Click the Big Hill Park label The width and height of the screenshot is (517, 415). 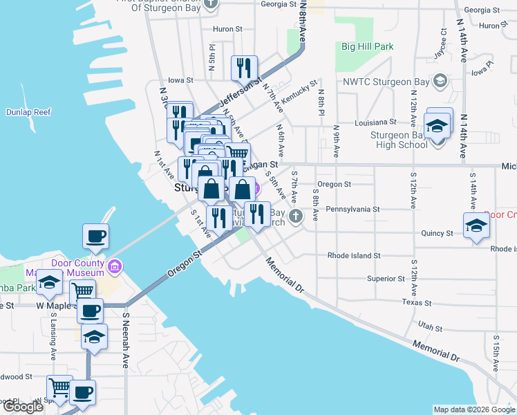367,47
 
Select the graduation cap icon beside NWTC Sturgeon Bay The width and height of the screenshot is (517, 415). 439,82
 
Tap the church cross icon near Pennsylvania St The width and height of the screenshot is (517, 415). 295,216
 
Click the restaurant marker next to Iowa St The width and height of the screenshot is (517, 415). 244,68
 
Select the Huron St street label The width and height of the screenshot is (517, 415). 227,29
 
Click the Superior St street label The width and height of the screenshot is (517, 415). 386,279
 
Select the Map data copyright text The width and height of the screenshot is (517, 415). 473,409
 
